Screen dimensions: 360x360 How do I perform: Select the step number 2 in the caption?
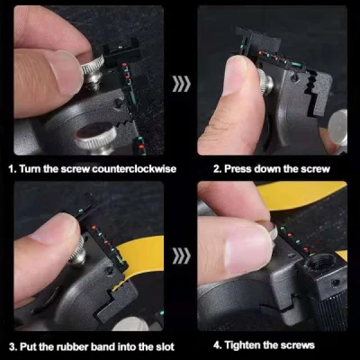click(x=216, y=168)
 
